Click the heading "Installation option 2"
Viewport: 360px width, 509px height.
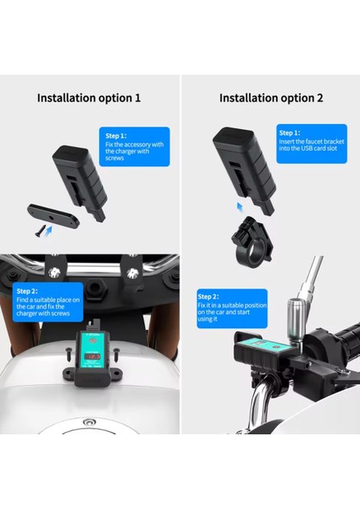(272, 98)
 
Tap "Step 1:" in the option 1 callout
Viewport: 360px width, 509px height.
(116, 135)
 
